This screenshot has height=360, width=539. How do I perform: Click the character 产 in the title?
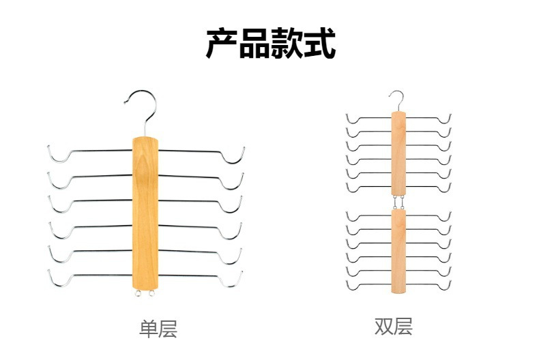tap(222, 43)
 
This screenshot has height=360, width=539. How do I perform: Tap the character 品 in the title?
tap(254, 43)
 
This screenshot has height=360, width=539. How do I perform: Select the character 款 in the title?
tap(287, 43)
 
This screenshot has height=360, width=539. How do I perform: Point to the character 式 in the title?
tap(319, 43)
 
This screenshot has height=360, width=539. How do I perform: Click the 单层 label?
tap(158, 329)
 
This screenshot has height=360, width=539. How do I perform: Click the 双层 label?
tap(394, 327)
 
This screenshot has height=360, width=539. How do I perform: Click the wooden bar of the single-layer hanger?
tap(145, 213)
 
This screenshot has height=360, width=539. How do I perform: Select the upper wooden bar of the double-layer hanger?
tap(398, 153)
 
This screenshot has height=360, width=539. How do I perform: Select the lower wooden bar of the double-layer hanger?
tap(398, 251)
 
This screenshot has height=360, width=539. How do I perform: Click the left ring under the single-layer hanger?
tap(139, 293)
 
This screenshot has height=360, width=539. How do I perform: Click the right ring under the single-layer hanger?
tap(151, 293)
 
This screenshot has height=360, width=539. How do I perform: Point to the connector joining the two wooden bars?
tap(398, 202)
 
